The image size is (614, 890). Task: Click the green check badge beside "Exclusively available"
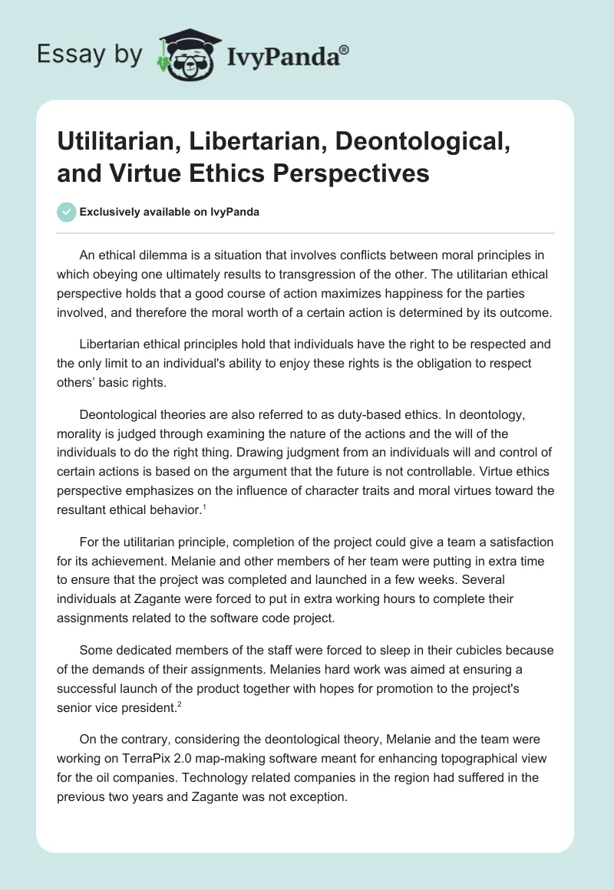tap(68, 213)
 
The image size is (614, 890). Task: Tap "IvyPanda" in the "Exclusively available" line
tap(232, 213)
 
